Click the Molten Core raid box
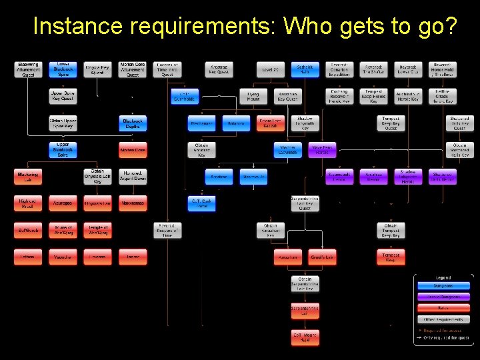133,150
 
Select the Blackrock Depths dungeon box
133,123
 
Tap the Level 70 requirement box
271,69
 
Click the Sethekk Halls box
305,69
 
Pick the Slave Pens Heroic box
323,150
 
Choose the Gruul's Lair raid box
323,257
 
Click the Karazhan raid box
288,257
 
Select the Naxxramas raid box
133,203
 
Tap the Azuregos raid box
62,203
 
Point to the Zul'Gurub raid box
27,230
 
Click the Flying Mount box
253,96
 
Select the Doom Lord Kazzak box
271,123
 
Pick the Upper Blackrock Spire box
62,150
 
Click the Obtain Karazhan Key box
271,230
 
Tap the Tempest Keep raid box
391,257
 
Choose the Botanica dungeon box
236,123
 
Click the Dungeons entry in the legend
443,286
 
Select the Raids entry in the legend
443,308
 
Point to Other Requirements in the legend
443,319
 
